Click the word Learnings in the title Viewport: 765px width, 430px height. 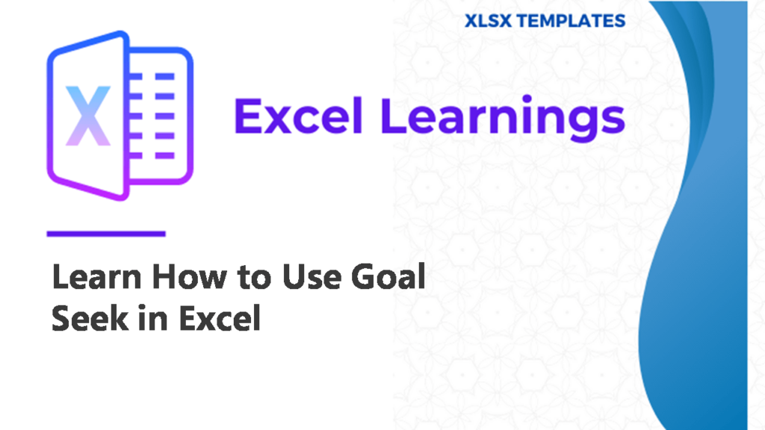[x=503, y=119]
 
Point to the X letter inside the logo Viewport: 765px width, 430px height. [x=88, y=116]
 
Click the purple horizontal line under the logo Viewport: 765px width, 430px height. [x=106, y=234]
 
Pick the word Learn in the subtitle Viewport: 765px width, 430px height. [x=96, y=277]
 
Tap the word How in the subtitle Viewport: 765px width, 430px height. [x=190, y=277]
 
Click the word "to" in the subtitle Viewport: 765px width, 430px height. [x=255, y=278]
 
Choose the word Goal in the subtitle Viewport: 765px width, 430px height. [x=388, y=276]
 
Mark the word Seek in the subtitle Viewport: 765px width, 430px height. [x=90, y=318]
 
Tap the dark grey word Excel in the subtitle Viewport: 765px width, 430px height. [x=220, y=318]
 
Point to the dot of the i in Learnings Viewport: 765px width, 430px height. [x=526, y=99]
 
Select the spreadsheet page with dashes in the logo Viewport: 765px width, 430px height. [x=158, y=116]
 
